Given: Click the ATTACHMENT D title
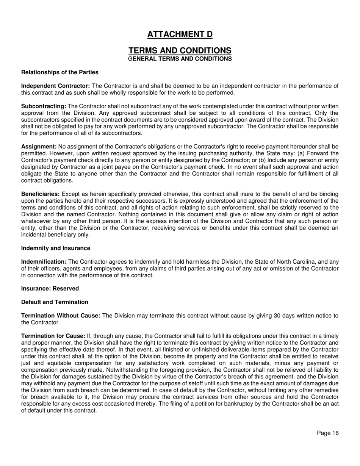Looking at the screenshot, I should pyautogui.click(x=180, y=34).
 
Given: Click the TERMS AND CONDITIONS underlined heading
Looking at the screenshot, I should pyautogui.click(x=180, y=51).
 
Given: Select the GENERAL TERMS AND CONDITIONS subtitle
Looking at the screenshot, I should pyautogui.click(x=180, y=59).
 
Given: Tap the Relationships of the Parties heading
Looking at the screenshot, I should pyautogui.click(x=60, y=72).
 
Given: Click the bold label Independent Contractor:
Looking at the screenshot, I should pyautogui.click(x=55, y=86).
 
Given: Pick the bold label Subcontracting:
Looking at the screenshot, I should pyautogui.click(x=44, y=106).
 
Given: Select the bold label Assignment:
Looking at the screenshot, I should pyautogui.click(x=39, y=147).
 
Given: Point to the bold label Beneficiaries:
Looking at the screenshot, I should pyautogui.click(x=40, y=194).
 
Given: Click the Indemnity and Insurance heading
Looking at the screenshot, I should pyautogui.click(x=56, y=248).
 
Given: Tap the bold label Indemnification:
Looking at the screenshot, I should pyautogui.click(x=44, y=262).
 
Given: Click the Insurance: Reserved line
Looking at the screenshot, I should pyautogui.click(x=50, y=289).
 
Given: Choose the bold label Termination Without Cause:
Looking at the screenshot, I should pyautogui.click(x=61, y=316).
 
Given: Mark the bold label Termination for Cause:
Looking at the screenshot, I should pyautogui.click(x=53, y=336).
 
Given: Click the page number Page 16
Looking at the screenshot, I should pyautogui.click(x=328, y=433).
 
